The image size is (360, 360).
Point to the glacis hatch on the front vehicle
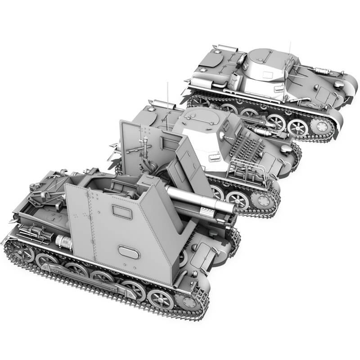tap(204, 250)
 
